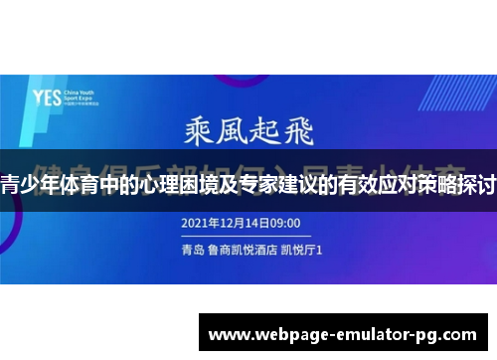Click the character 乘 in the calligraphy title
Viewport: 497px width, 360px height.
click(x=196, y=132)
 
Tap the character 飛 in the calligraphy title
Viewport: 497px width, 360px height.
click(x=304, y=132)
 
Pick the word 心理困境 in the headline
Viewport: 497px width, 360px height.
click(x=190, y=186)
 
